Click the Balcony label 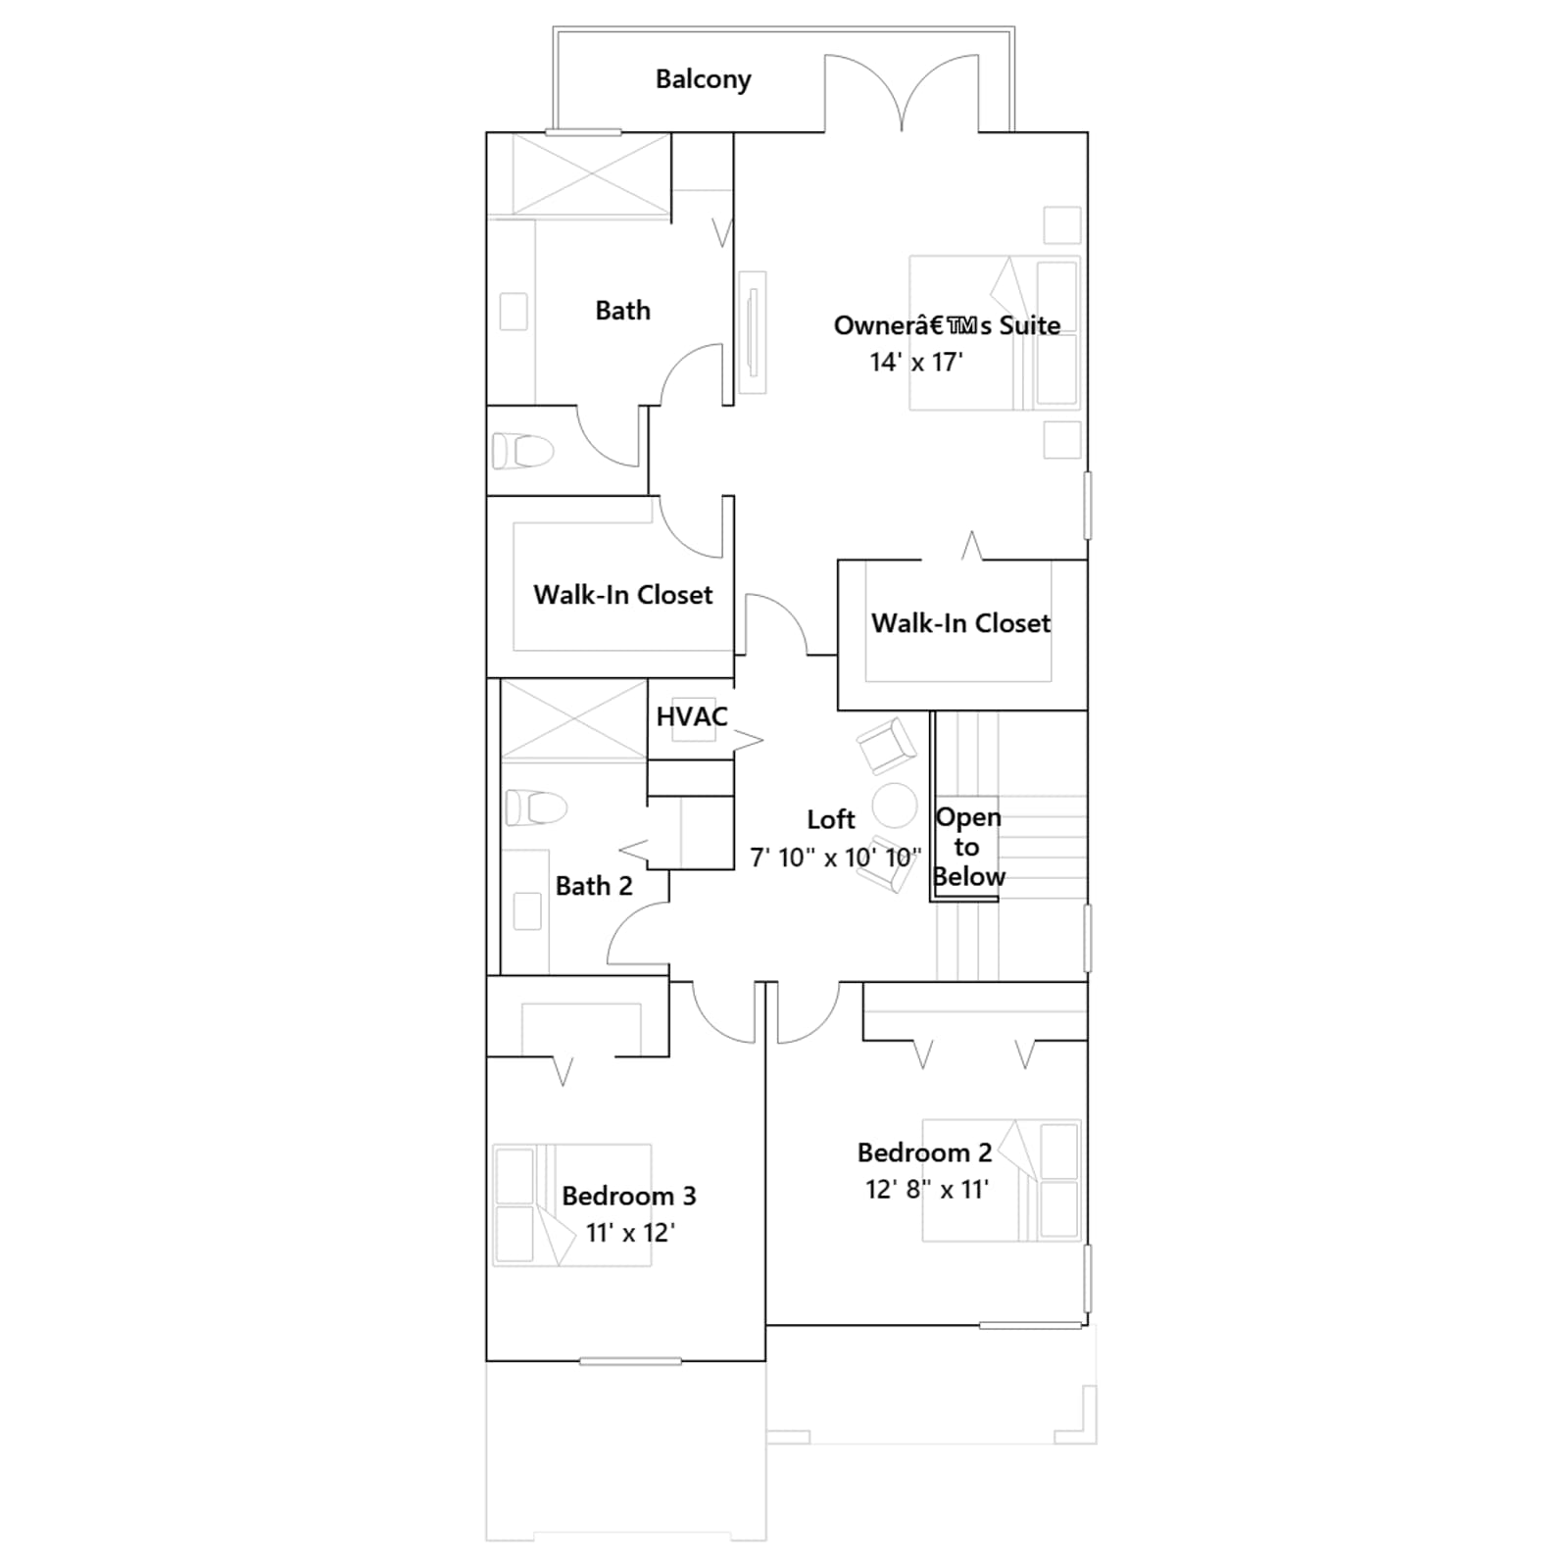pos(703,79)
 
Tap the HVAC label pos(692,716)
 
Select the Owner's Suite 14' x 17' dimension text pos(916,362)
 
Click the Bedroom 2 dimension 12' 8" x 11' pos(927,1189)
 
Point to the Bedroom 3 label pos(629,1196)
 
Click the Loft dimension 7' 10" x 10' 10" pos(836,857)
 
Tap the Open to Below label pos(968,847)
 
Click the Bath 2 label pos(594,886)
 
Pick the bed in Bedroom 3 pos(572,1204)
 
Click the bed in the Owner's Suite pos(995,333)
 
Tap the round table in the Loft pos(894,806)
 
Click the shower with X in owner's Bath pos(592,173)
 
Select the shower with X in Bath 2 pos(574,719)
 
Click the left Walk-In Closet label pos(623,595)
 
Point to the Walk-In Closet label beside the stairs pos(960,623)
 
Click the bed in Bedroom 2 pos(1002,1181)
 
